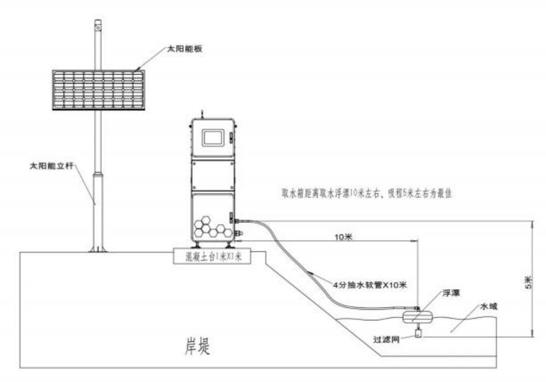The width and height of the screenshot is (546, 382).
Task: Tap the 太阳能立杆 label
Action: pyautogui.click(x=49, y=168)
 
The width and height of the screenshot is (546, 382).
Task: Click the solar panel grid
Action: pyautogui.click(x=98, y=90)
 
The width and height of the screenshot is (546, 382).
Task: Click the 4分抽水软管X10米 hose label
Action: pyautogui.click(x=371, y=285)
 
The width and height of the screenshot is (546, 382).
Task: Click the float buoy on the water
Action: pyautogui.click(x=417, y=317)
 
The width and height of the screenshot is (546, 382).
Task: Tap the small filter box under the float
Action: pyautogui.click(x=418, y=333)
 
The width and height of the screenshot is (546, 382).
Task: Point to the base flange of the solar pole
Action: pyautogui.click(x=98, y=249)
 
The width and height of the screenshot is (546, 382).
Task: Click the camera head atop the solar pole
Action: pyautogui.click(x=98, y=25)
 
